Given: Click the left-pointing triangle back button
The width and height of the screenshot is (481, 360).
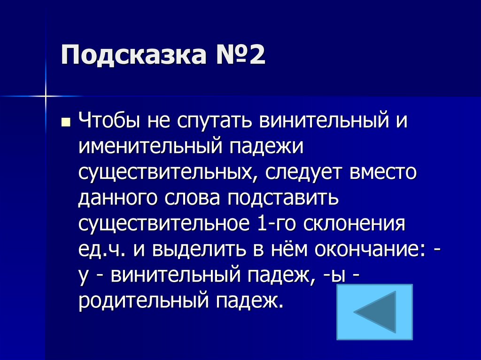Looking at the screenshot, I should [x=375, y=312].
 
